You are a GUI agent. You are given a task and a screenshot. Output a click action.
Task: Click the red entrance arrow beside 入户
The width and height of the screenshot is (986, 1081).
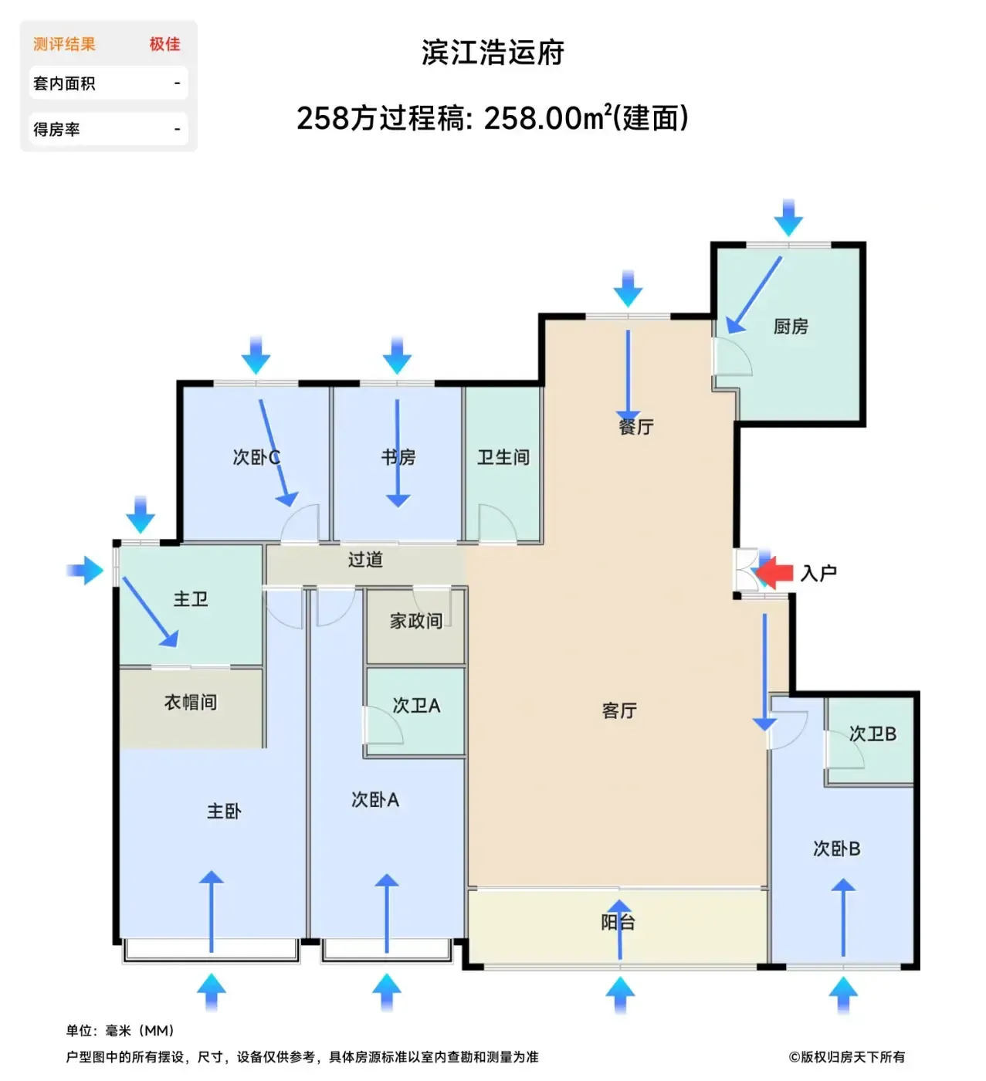click(x=774, y=572)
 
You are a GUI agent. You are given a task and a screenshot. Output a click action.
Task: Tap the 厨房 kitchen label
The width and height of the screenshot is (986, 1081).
click(x=791, y=326)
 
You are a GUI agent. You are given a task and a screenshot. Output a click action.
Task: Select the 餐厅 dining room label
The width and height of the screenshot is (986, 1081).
click(x=636, y=427)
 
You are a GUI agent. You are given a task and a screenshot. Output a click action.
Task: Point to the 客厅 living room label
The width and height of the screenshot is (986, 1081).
click(x=619, y=710)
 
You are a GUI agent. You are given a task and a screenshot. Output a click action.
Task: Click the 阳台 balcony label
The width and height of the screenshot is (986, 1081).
click(x=618, y=922)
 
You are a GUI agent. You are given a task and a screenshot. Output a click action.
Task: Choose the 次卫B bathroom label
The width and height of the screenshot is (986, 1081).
click(x=872, y=734)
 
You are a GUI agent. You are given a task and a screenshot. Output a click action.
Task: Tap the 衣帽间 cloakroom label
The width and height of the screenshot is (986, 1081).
click(x=190, y=702)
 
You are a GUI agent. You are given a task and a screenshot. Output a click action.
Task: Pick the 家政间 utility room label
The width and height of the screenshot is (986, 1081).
click(x=415, y=621)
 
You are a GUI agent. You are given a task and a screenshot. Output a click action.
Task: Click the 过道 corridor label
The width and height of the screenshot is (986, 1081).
click(x=365, y=559)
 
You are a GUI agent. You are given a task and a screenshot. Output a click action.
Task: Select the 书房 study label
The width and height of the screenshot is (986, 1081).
click(x=398, y=457)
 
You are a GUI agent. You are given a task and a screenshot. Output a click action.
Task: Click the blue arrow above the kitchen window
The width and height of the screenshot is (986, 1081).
click(x=788, y=217)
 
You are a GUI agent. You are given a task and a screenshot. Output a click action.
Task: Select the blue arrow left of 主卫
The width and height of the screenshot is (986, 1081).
click(x=85, y=570)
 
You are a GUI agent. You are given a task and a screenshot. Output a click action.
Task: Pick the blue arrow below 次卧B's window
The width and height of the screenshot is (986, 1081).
click(x=842, y=995)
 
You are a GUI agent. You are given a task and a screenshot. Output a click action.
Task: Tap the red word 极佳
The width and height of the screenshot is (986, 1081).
click(x=164, y=44)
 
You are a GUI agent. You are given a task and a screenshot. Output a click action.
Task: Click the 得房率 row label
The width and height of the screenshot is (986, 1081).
click(x=56, y=129)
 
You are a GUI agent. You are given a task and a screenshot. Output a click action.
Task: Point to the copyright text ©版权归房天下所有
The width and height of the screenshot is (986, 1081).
click(x=846, y=1056)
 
